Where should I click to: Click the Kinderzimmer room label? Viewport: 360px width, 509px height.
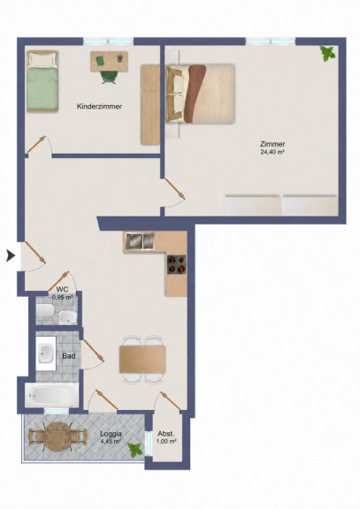coord(99,106)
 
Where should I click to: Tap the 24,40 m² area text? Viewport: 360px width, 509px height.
coord(272,152)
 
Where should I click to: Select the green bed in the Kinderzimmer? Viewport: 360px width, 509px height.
coord(42,81)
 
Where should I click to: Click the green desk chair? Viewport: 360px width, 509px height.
coord(108,77)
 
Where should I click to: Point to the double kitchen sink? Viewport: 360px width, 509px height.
coord(140,241)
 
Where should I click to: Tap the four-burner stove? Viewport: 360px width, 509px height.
coord(177,264)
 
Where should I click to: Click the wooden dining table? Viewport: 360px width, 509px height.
coord(142,359)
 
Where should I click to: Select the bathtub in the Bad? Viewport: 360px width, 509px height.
coord(51,395)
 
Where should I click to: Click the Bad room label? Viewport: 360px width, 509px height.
coord(69,356)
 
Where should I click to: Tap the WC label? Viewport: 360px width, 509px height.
coord(62,289)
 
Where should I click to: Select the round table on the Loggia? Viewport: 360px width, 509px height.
coord(57,437)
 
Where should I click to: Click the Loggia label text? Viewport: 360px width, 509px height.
coord(111,434)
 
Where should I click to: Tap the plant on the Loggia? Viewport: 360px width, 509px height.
coord(134,450)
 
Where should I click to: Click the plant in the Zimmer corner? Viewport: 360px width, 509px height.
coord(327,54)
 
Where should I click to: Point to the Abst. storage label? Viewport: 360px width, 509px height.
coord(166,434)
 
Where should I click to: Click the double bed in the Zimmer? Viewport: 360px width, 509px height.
coord(201,94)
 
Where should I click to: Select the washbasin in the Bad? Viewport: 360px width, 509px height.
coord(45,353)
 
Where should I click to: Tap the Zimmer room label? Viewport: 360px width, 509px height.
coord(272,144)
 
